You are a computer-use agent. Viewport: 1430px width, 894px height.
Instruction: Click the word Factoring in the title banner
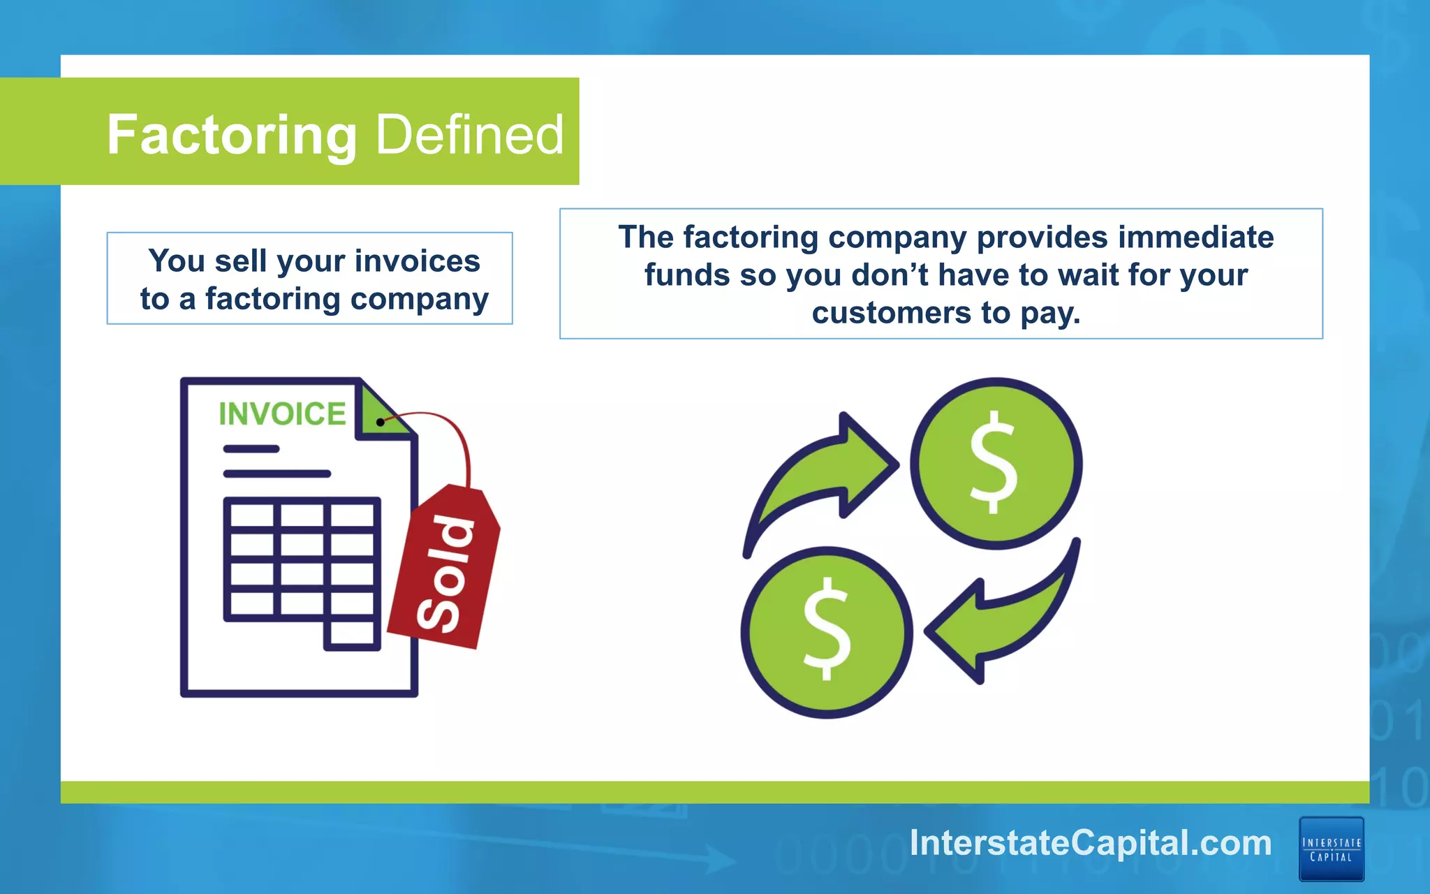(232, 135)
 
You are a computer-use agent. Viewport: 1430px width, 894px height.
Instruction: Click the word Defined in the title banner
(470, 135)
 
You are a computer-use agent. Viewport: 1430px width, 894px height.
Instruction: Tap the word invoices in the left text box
(417, 261)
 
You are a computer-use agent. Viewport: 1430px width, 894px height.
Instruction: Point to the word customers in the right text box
(891, 313)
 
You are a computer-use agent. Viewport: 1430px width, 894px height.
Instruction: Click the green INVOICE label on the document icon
(282, 413)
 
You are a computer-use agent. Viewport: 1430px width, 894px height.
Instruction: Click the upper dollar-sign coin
(996, 463)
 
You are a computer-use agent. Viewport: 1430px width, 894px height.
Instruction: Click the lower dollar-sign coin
(827, 632)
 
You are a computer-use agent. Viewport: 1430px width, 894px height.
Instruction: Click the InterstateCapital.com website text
(1091, 843)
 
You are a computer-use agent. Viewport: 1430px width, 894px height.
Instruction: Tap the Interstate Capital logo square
(1331, 849)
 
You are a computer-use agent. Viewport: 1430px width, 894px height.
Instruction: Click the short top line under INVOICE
(251, 449)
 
